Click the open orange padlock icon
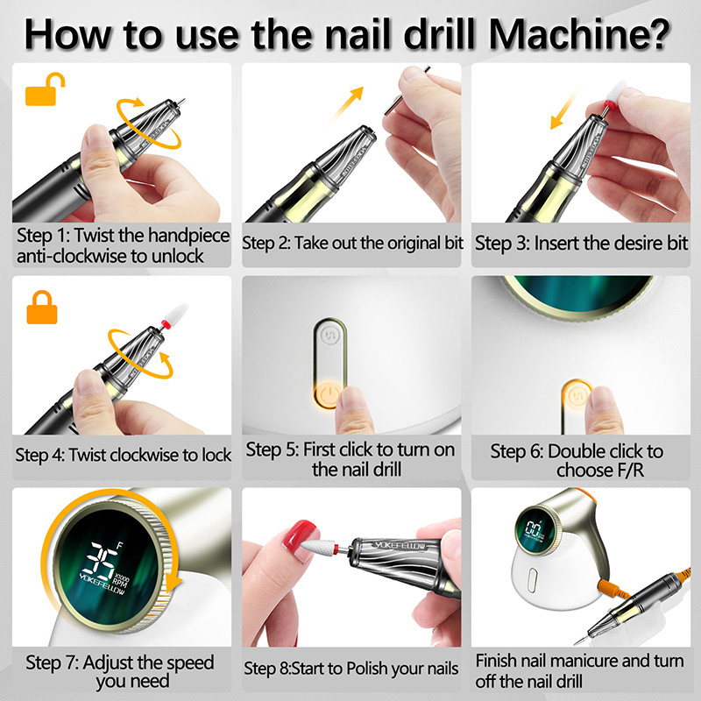pos(44,89)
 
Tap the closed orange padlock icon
pos(42,308)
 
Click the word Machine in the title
pos(580,34)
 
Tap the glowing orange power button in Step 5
pos(327,395)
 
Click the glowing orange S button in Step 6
pos(576,396)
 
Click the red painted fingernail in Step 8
pos(301,535)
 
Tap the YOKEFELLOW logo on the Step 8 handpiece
pos(400,546)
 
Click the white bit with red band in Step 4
pos(174,315)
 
